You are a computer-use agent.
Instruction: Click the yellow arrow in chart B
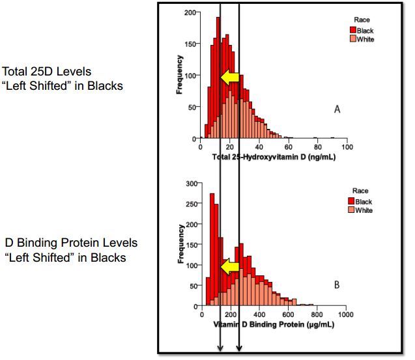point(229,266)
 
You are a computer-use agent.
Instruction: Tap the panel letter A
point(337,110)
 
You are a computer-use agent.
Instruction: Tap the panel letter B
point(337,285)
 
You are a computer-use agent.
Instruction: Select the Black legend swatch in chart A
point(352,31)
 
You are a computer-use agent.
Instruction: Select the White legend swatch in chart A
point(352,39)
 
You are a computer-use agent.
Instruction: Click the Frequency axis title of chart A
point(179,75)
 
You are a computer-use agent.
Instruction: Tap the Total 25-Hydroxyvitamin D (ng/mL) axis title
point(274,157)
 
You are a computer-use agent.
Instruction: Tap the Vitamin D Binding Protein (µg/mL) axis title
point(274,325)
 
